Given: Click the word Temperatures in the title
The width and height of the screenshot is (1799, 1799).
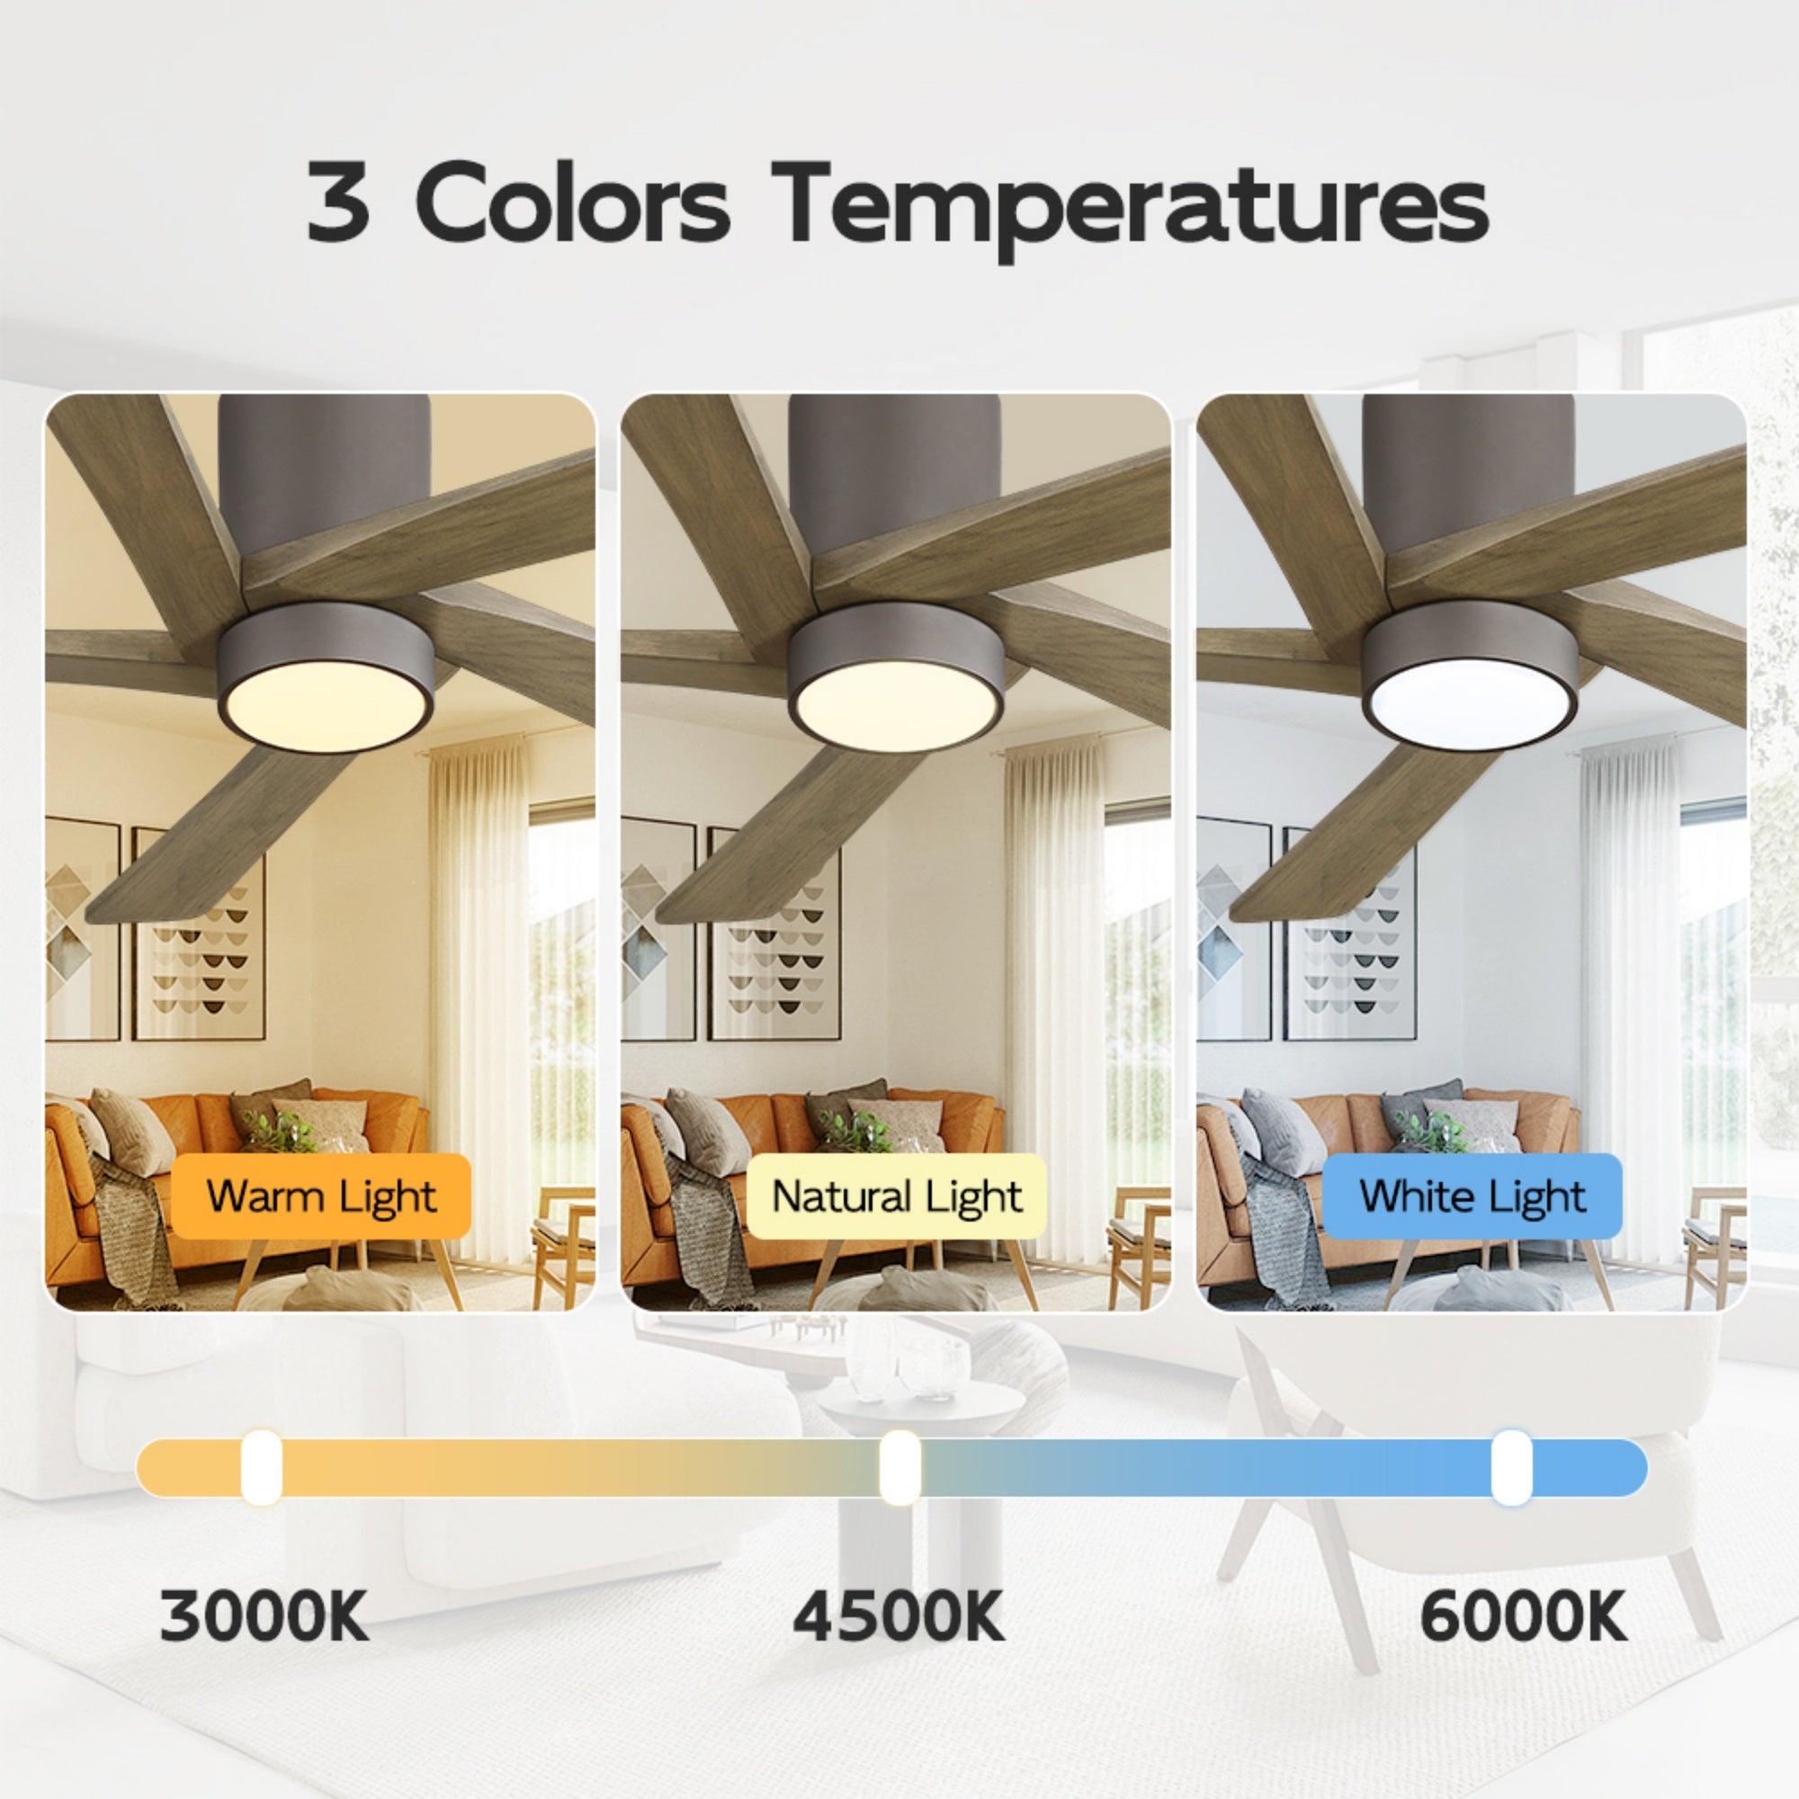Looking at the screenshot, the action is (x=1130, y=207).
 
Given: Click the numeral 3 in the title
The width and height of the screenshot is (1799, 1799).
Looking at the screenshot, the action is (x=337, y=201).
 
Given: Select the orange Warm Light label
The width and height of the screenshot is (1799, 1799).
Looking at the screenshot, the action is (x=320, y=1196).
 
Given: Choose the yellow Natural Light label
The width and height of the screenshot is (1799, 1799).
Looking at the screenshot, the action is (x=897, y=1196).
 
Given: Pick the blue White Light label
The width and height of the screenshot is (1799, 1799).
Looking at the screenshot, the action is (x=1472, y=1196).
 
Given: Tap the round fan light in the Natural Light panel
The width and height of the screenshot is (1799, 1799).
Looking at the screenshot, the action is (x=896, y=704).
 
